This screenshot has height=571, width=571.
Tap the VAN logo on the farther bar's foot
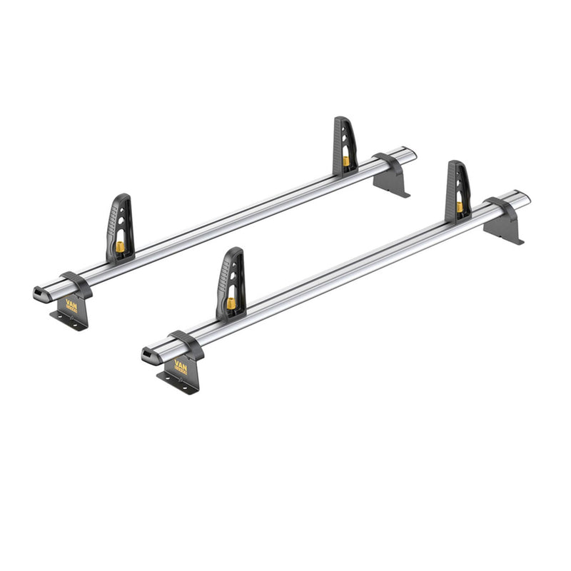point(71,305)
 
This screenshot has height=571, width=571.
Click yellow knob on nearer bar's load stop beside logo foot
point(231,303)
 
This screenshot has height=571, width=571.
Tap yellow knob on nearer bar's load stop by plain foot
point(460,207)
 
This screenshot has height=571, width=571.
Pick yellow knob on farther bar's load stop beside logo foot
point(120,247)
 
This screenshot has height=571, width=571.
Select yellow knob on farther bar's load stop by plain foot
point(346,161)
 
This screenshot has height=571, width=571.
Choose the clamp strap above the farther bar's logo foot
point(76,283)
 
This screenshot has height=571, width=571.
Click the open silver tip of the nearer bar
point(525,196)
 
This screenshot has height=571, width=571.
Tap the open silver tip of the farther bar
point(410,153)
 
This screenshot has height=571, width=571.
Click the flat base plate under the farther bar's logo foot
point(69,322)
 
